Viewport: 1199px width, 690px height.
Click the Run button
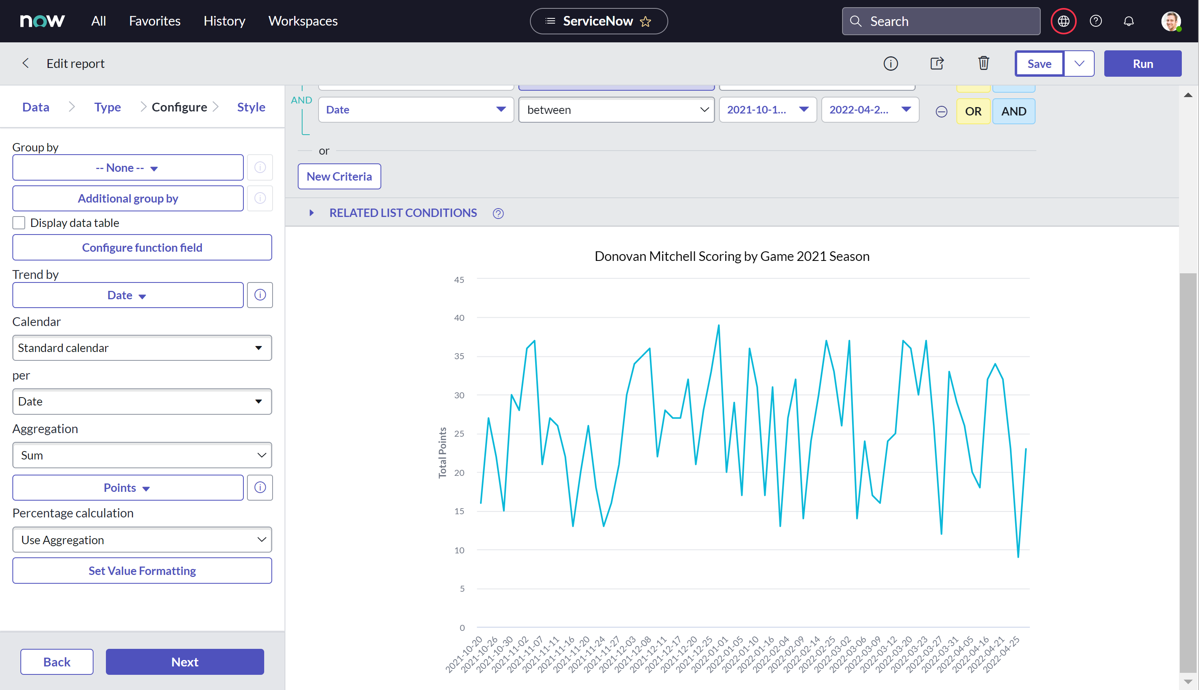coord(1142,64)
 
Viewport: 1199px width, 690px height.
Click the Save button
coord(1039,64)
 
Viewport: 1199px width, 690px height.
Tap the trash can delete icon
coord(983,63)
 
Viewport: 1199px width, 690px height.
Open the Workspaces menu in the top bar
coord(303,21)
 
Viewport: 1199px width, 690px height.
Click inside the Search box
coord(941,21)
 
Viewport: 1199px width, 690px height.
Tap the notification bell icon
coord(1128,21)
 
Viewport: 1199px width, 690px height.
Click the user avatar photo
coord(1171,21)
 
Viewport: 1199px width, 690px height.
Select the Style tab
coord(251,107)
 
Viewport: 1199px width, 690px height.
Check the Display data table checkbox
coord(19,223)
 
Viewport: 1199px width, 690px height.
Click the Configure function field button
coord(142,247)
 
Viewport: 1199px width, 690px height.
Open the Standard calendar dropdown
coord(142,348)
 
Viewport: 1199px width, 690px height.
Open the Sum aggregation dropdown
coord(142,455)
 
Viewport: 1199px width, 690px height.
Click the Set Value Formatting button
coord(142,571)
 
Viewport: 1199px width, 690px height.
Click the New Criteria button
coord(339,176)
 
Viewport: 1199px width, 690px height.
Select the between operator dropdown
coord(617,110)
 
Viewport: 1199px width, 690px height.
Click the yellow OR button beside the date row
coord(973,111)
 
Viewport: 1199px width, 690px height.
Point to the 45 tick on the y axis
coord(459,280)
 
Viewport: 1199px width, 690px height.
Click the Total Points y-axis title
coord(442,453)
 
